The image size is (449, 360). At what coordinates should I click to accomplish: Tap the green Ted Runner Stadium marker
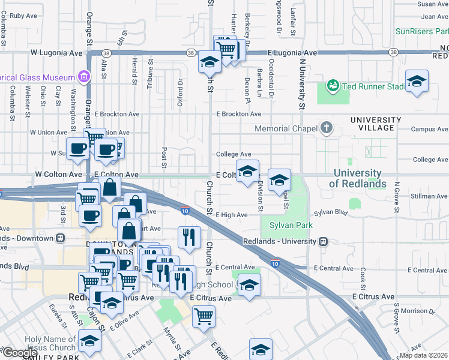tap(333, 86)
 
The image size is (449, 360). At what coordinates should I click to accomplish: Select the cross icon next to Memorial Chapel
tap(326, 128)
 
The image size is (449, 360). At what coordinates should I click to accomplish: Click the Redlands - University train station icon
tap(324, 241)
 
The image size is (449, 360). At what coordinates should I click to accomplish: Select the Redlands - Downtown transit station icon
tap(60, 238)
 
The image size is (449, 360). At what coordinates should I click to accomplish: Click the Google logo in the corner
tap(20, 352)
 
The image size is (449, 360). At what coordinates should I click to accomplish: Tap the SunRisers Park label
tap(421, 31)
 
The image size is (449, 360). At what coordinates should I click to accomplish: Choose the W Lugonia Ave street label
tap(56, 53)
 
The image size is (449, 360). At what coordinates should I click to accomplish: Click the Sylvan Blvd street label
tap(331, 212)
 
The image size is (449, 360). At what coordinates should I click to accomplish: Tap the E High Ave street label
tap(232, 215)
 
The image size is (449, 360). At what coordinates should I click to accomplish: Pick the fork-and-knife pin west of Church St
tap(189, 237)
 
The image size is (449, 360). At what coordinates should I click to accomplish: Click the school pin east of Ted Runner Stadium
tap(417, 82)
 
